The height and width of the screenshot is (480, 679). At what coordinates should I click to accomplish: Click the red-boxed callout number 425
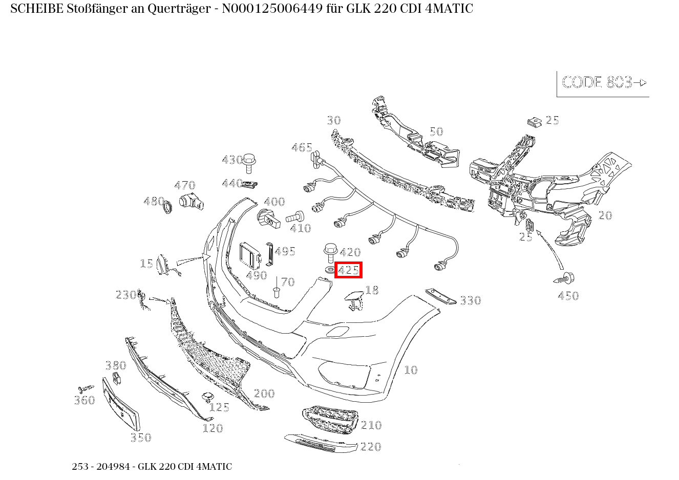click(348, 270)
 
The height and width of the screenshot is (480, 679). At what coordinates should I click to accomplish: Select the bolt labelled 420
click(329, 254)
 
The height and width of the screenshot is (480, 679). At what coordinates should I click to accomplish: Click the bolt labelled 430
click(249, 162)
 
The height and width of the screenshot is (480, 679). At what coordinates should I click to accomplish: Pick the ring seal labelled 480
click(166, 207)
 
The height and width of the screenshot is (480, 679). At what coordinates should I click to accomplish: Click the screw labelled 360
click(85, 388)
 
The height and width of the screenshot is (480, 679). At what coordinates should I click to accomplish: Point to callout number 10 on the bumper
click(411, 370)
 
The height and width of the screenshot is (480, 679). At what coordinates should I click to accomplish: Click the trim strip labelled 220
click(321, 443)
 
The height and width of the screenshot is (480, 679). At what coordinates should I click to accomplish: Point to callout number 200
click(264, 394)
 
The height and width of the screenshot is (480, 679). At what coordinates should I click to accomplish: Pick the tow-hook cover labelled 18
click(353, 299)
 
